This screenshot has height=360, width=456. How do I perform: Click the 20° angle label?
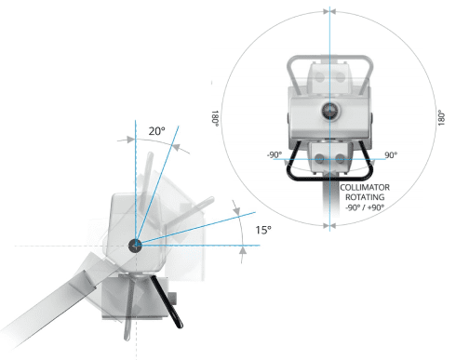pyautogui.click(x=156, y=131)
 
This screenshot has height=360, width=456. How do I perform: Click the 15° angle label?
pyautogui.click(x=263, y=230)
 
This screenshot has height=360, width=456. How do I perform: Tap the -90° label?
pyautogui.click(x=275, y=154)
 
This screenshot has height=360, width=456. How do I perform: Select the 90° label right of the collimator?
pyautogui.click(x=391, y=154)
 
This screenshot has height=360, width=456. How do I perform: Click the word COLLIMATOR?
pyautogui.click(x=365, y=187)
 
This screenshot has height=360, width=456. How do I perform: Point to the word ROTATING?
pyautogui.click(x=365, y=197)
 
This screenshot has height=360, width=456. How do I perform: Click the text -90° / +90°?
pyautogui.click(x=365, y=207)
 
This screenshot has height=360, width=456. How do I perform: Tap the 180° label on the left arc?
pyautogui.click(x=215, y=118)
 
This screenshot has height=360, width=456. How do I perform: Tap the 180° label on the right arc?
pyautogui.click(x=441, y=117)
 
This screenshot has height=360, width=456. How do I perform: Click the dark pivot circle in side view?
pyautogui.click(x=135, y=246)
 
